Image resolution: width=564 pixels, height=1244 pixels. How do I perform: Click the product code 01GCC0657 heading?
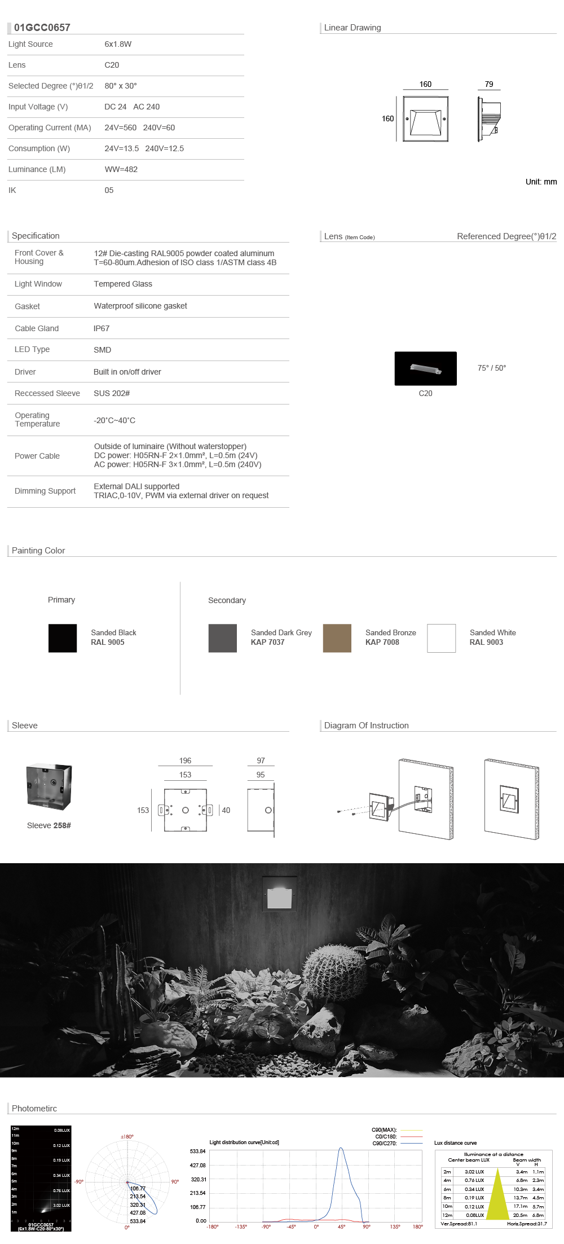[x=42, y=28]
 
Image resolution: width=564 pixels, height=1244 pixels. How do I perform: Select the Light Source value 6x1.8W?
[x=118, y=44]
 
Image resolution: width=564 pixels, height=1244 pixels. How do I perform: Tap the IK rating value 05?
[x=109, y=190]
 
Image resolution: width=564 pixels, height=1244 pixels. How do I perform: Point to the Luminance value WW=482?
[x=121, y=169]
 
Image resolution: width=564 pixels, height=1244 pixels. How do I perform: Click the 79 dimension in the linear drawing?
[x=489, y=84]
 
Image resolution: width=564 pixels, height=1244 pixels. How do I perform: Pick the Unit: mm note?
[x=541, y=182]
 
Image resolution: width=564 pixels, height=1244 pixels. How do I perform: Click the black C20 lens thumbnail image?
[x=425, y=368]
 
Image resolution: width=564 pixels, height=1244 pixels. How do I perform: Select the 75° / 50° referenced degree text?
[x=492, y=368]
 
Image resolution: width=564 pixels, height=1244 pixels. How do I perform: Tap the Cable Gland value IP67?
[x=102, y=328]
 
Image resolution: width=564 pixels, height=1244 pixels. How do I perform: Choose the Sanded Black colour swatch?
[x=63, y=638]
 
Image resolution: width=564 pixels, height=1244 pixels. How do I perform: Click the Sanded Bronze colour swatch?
[x=337, y=638]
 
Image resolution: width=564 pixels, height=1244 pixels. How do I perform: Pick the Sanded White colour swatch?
[x=441, y=638]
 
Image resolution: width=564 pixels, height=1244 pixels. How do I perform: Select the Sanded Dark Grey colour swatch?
[x=222, y=638]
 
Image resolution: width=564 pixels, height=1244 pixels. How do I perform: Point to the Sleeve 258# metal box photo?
[x=49, y=787]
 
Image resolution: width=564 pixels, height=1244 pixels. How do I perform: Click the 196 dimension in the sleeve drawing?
[x=185, y=761]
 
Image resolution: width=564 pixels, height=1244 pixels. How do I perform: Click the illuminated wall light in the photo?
[x=280, y=894]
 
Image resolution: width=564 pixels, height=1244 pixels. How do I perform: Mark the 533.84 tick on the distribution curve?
[x=197, y=1151]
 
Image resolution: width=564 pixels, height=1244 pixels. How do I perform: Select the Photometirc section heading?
[x=34, y=1108]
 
